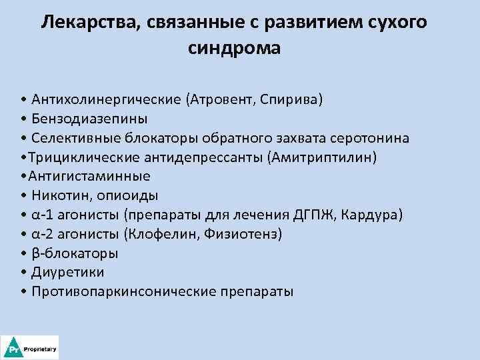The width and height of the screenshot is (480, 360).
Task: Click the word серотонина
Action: tap(373, 138)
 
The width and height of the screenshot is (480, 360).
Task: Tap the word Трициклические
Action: tap(73, 157)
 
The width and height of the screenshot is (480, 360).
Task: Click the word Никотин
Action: tap(56, 196)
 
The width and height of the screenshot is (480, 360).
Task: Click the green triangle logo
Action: tap(13, 348)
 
